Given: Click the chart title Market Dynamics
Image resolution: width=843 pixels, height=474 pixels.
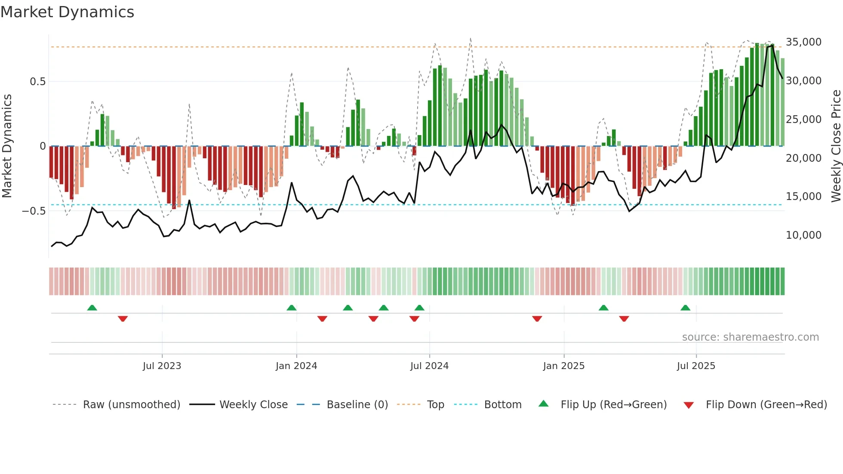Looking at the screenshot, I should click(x=67, y=12).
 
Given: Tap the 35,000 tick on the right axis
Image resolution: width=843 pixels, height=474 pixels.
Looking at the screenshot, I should click(x=803, y=42).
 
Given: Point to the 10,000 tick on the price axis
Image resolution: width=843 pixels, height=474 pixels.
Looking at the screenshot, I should click(x=803, y=235).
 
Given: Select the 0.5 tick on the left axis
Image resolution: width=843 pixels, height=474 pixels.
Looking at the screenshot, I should click(x=37, y=82).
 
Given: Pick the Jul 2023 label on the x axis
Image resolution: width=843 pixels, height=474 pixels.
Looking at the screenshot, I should click(x=162, y=366).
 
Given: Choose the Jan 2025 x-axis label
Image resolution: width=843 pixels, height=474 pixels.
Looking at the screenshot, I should click(x=563, y=366).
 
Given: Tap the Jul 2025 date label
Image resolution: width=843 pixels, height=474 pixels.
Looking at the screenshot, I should click(x=696, y=366).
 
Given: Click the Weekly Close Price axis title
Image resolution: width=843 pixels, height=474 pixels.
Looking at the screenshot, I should click(x=836, y=146).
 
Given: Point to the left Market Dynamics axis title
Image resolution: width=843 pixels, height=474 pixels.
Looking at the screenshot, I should click(x=7, y=146).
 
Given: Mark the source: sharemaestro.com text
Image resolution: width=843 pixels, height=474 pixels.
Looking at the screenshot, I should click(x=750, y=337).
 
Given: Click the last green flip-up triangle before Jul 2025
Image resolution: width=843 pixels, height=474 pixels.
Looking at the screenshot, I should click(x=685, y=308).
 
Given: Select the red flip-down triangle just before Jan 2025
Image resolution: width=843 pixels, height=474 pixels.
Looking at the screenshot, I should click(x=537, y=319).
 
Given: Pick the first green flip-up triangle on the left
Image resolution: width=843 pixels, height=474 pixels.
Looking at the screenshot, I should click(x=92, y=308).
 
